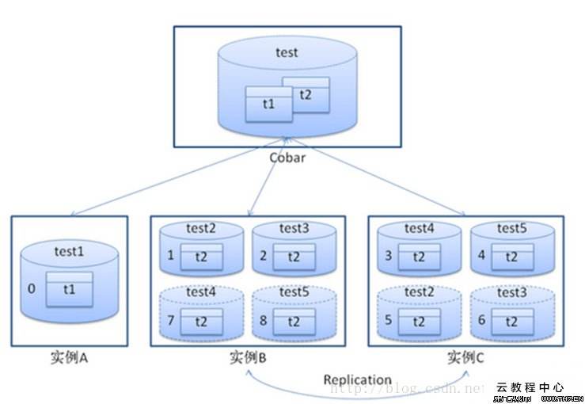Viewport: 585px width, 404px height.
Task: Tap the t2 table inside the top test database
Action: coord(305,93)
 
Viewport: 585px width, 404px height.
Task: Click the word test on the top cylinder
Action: coord(287,53)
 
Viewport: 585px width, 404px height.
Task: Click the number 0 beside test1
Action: coord(32,289)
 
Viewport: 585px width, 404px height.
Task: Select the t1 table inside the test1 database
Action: coord(69,290)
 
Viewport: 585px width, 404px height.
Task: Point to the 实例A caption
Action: coord(69,358)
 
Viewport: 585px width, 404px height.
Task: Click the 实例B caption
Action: coord(248,358)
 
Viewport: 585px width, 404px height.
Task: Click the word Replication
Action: coord(357,380)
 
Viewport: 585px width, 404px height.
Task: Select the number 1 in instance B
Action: coord(171,256)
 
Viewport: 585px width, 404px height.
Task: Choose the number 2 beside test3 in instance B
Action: coord(264,256)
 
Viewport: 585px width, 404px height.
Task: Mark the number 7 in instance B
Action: coord(171,321)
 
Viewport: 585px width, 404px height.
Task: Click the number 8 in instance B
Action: coord(264,321)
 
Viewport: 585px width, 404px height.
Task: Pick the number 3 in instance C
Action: coord(389,256)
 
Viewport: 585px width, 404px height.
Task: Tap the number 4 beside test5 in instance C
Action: coord(481,256)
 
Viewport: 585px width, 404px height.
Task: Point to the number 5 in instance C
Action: coord(389,321)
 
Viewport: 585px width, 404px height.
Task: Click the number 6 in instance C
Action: coord(481,321)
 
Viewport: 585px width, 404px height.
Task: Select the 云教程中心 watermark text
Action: coord(530,387)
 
